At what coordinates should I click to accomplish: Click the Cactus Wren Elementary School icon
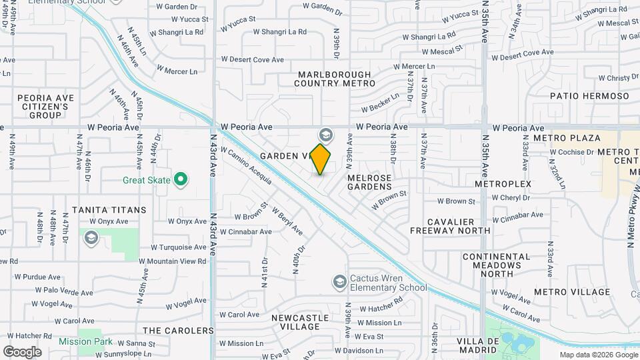(340, 283)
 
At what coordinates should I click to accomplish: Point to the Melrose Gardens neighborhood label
(369, 183)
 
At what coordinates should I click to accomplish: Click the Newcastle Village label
(300, 322)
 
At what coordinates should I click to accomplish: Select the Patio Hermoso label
(589, 96)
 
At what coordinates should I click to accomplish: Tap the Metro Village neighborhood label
(571, 292)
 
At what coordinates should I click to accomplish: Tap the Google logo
(22, 351)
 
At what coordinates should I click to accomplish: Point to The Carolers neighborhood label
(178, 331)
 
